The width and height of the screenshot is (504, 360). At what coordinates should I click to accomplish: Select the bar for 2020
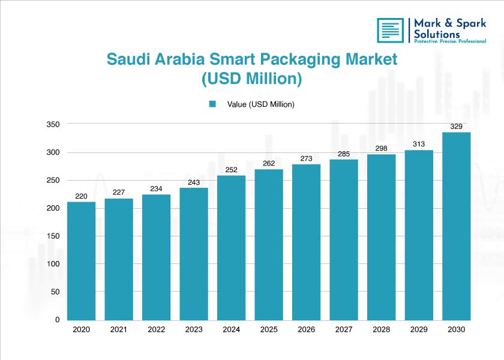click(81, 261)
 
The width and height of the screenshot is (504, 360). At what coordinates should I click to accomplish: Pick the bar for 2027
click(344, 240)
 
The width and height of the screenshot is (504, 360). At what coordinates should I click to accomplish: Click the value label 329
click(457, 126)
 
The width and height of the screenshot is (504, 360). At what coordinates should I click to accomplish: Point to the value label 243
click(194, 182)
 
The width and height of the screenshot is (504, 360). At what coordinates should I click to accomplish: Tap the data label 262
click(269, 163)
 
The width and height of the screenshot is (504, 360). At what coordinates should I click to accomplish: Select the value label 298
click(382, 148)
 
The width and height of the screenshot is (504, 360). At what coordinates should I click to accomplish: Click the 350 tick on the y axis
click(53, 124)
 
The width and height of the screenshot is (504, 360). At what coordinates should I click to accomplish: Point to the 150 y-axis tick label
click(53, 236)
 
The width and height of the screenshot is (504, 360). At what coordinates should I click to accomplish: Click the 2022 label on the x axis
click(156, 330)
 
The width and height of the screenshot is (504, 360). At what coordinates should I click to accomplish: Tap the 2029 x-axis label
click(419, 330)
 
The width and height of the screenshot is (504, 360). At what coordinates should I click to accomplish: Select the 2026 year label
click(306, 330)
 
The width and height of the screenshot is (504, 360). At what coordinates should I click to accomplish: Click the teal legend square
click(212, 104)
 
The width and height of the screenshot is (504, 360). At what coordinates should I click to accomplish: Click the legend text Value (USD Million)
click(260, 104)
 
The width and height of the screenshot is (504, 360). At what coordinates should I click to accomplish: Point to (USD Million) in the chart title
click(251, 79)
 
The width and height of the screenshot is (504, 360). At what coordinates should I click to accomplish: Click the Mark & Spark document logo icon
click(391, 30)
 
